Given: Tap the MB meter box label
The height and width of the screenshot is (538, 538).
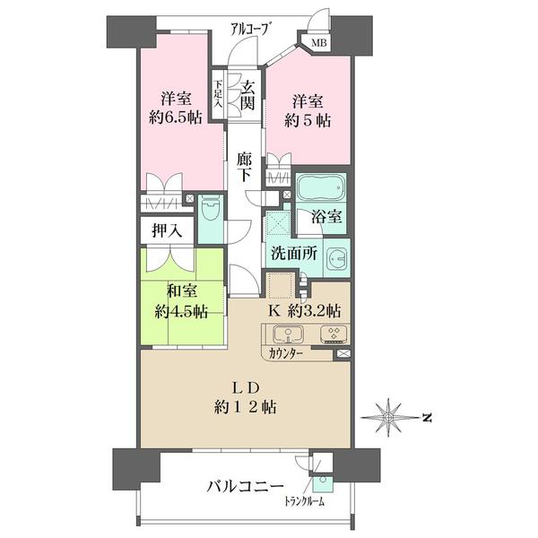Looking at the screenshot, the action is coord(318,43).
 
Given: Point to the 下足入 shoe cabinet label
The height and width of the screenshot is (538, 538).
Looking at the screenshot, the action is coord(218,94).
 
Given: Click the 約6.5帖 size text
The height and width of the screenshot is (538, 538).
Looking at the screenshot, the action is coord(176,117).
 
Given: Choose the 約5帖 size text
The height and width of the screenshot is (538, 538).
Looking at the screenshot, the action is coord(308,121).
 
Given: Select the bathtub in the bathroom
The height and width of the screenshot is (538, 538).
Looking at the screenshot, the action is coord(321,187).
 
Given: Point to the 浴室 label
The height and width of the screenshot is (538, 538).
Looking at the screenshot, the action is coord(326,216).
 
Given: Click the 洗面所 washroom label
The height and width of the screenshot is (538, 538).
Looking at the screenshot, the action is coord(294,253).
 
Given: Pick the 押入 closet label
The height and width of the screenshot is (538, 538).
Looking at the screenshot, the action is coord(167,231).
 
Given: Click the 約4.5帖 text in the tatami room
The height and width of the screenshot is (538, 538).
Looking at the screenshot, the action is coord(181,311).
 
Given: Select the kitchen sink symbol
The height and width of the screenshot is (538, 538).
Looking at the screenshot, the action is coord(288,334).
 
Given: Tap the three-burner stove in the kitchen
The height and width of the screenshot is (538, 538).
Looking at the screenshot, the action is coord(334,334).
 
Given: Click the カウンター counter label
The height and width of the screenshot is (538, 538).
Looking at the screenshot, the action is coord(286,353).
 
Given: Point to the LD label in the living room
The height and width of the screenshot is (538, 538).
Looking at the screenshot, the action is coord(245,388).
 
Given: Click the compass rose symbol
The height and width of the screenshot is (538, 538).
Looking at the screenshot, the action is coord(388,417).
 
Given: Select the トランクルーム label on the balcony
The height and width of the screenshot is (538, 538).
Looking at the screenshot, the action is coord(304,502).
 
